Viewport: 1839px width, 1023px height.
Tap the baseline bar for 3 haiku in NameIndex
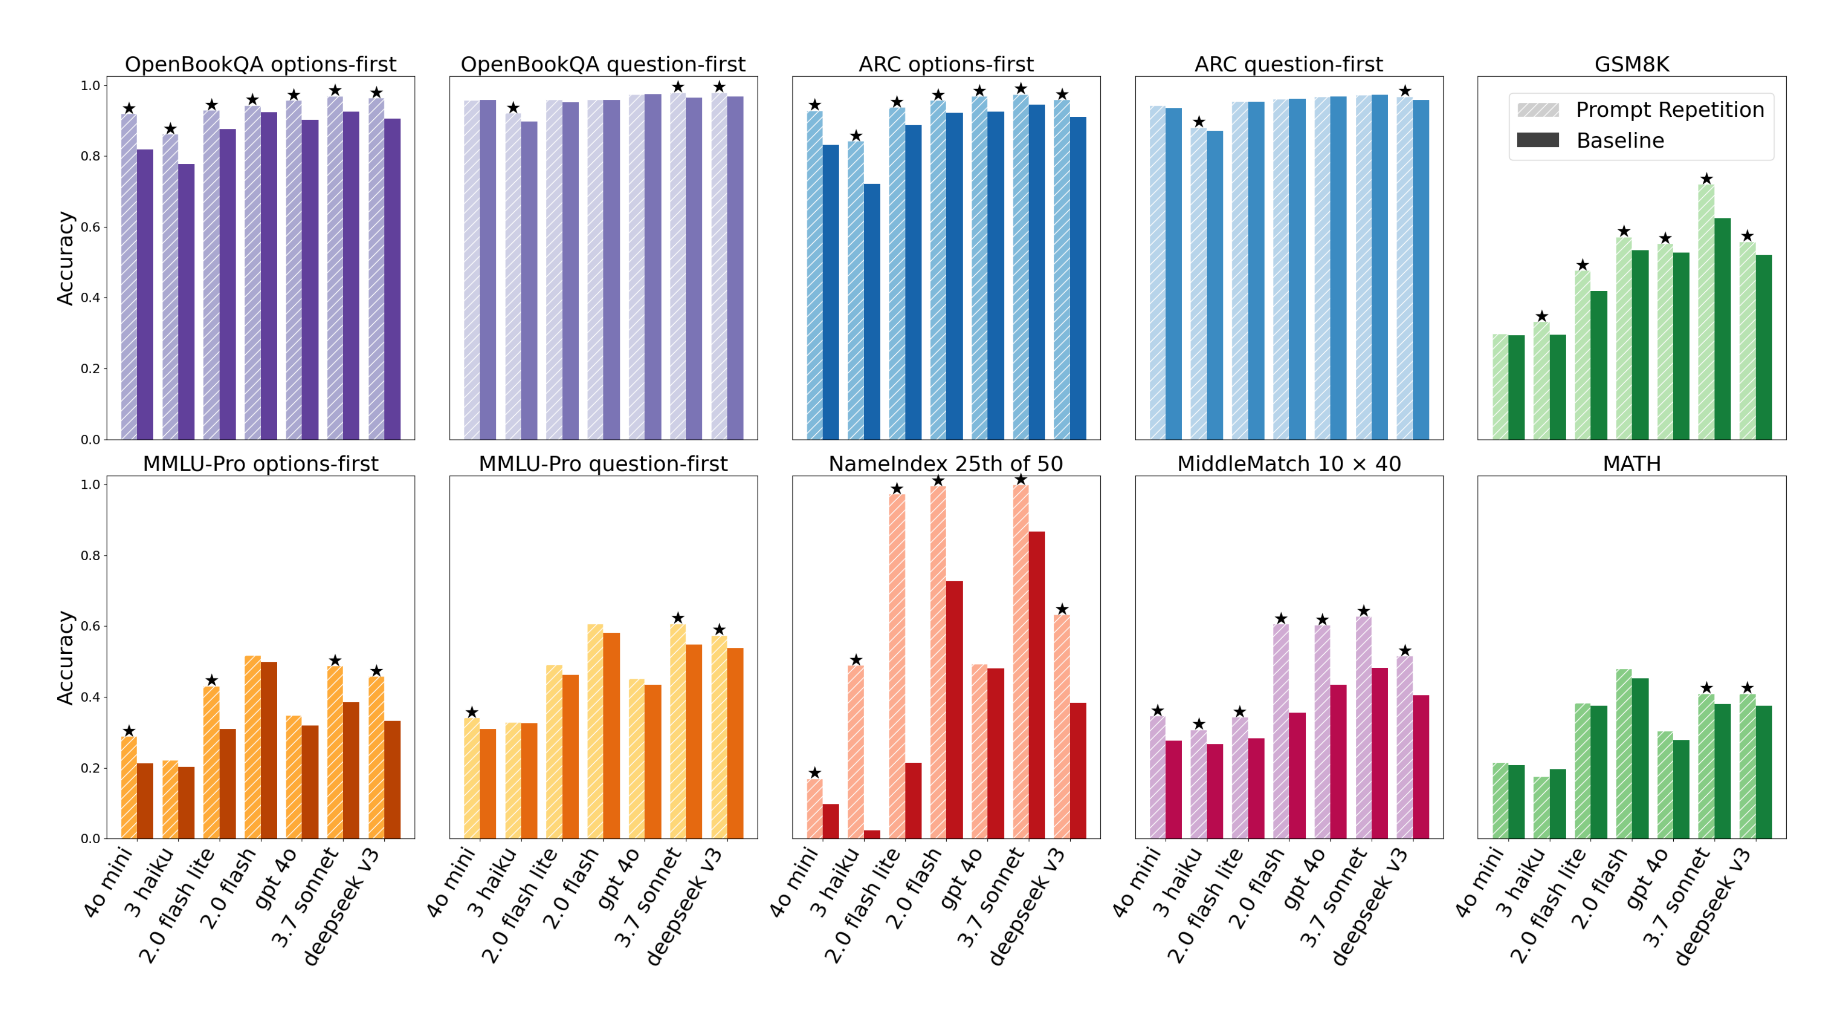(x=872, y=834)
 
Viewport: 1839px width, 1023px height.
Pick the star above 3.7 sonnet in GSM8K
(x=1706, y=178)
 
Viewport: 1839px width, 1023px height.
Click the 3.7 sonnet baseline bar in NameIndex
(x=1037, y=685)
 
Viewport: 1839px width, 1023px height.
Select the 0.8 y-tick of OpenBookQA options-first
(x=90, y=156)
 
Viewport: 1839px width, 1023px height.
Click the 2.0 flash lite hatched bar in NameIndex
(x=897, y=664)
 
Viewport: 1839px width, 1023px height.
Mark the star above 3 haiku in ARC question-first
(x=1199, y=121)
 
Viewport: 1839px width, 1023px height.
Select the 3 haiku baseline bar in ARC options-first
(x=872, y=311)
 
